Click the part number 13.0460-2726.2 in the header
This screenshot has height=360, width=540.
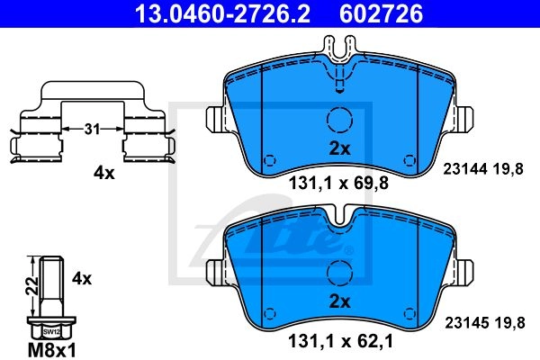pos(222,13)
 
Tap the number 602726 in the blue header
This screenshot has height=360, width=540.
pos(382,13)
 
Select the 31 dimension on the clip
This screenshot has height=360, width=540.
pos(92,130)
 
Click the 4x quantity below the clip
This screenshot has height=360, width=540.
pos(104,174)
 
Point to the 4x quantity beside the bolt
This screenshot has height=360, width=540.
pos(82,278)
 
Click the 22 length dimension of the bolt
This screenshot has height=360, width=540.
pos(32,285)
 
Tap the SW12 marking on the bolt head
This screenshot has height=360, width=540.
pos(51,332)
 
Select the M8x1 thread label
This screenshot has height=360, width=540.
pos(51,351)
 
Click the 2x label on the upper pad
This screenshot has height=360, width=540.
pos(339,148)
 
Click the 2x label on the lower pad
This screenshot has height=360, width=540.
pos(339,301)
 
